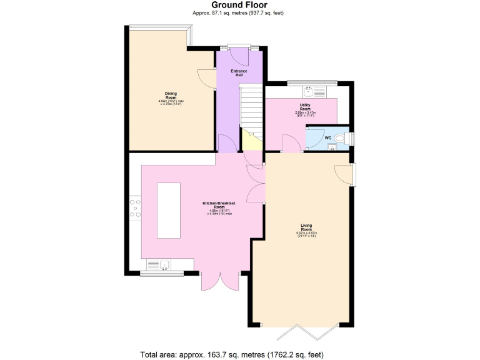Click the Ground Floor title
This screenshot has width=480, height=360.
point(239,5)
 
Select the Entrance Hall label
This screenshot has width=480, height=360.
point(239,72)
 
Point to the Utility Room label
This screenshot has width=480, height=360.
point(305,107)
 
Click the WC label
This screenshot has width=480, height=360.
point(327,137)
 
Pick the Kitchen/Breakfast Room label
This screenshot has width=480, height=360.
point(219,206)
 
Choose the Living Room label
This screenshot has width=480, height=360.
point(306,227)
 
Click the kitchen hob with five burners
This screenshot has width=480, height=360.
point(135,209)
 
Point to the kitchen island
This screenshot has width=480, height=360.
point(169,210)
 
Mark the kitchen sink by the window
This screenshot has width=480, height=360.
point(164,265)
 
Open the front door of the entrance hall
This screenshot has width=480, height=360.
point(240,56)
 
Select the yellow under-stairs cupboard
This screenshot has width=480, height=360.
point(251,141)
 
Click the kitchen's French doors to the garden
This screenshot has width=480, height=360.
point(220,281)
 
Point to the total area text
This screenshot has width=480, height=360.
point(232,354)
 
